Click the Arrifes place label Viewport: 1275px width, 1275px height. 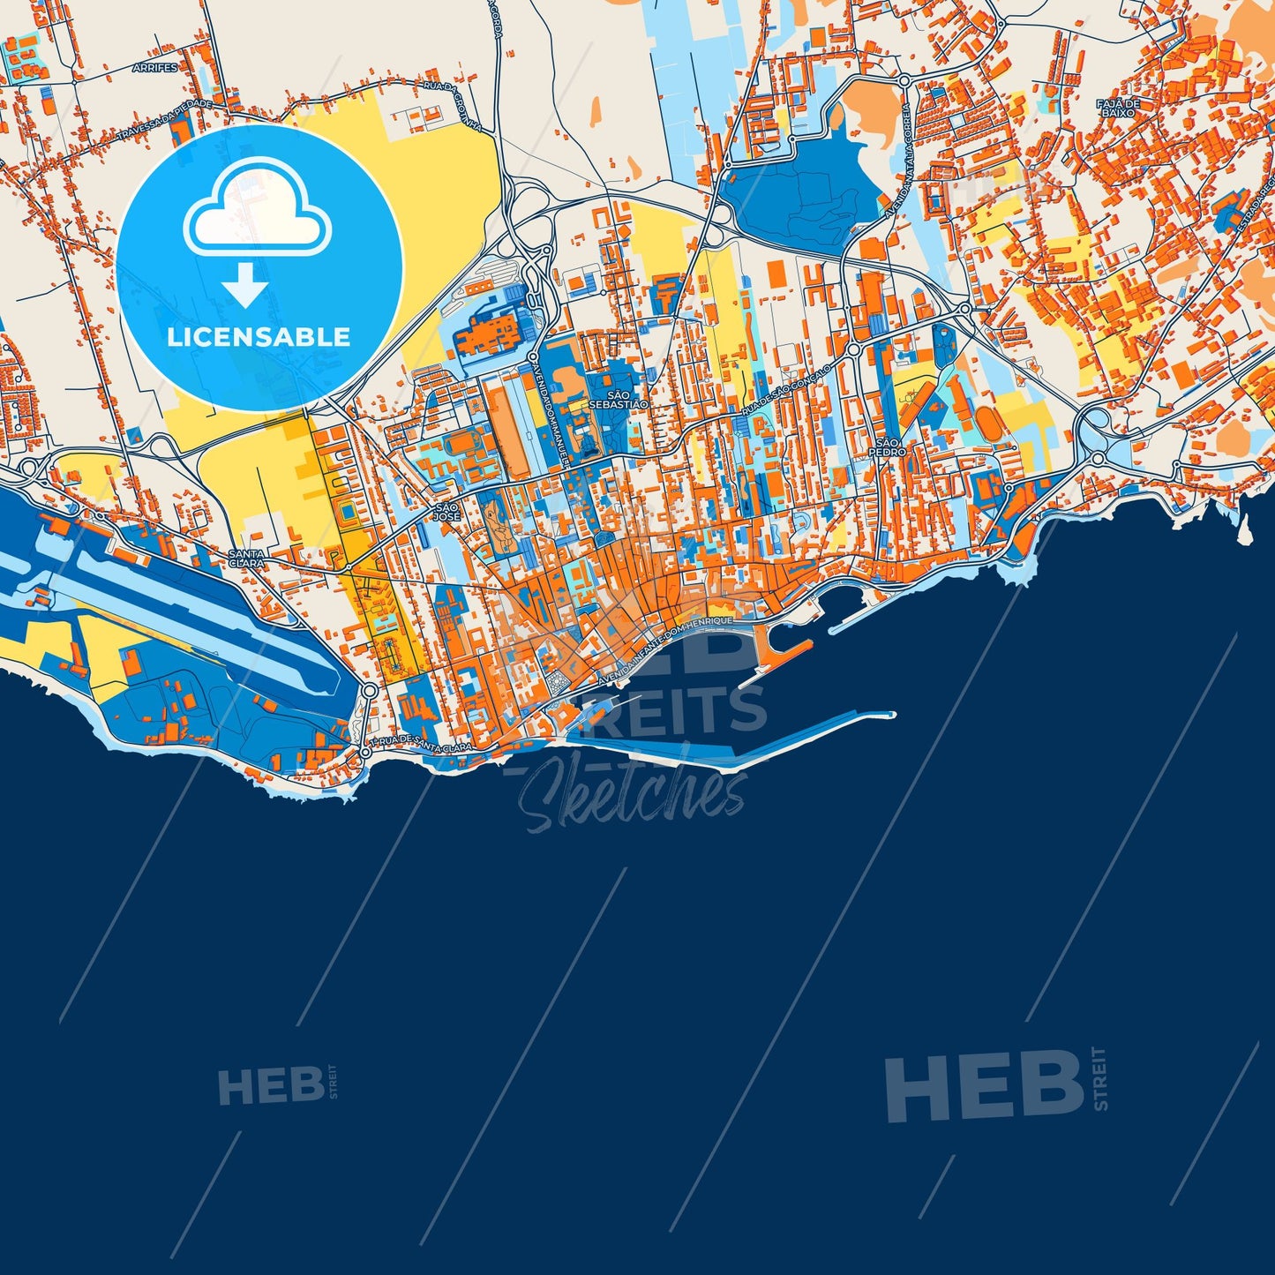pos(154,67)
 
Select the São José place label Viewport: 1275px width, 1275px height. pos(446,512)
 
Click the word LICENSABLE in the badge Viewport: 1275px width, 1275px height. pos(259,336)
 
